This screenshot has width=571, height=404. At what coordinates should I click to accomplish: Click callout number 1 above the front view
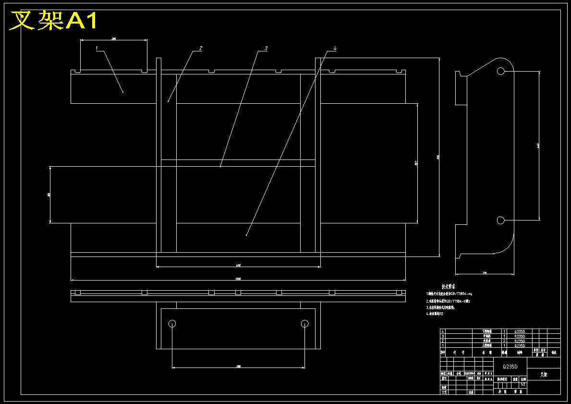coord(97,48)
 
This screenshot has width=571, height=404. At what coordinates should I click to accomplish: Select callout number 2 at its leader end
coord(201,48)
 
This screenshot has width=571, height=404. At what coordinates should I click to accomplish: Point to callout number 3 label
coord(266,48)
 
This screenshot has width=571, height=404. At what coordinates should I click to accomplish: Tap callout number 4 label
coord(335,48)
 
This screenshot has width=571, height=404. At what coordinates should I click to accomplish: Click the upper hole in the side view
coord(501,71)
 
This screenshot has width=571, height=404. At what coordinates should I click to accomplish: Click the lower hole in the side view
coord(501,220)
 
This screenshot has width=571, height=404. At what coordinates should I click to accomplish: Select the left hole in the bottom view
coord(172,323)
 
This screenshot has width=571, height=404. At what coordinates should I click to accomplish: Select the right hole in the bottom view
coord(304,323)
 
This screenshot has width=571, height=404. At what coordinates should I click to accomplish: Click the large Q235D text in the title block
coord(510,367)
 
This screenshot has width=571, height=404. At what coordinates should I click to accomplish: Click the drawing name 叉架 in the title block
coord(543,374)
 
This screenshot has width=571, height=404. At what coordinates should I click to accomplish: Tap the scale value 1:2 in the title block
coord(523,384)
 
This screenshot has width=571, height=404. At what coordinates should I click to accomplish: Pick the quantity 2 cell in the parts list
coord(504,341)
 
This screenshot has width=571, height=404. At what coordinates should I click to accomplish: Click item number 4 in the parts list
coord(443,331)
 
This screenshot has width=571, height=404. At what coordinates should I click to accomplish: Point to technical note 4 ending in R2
coord(435,313)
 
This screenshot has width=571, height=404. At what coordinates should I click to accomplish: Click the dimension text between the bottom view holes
coord(238,367)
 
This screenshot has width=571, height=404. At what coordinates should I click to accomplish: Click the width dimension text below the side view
coord(484,273)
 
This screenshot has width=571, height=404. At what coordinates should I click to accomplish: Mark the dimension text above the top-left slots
coord(114,38)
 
